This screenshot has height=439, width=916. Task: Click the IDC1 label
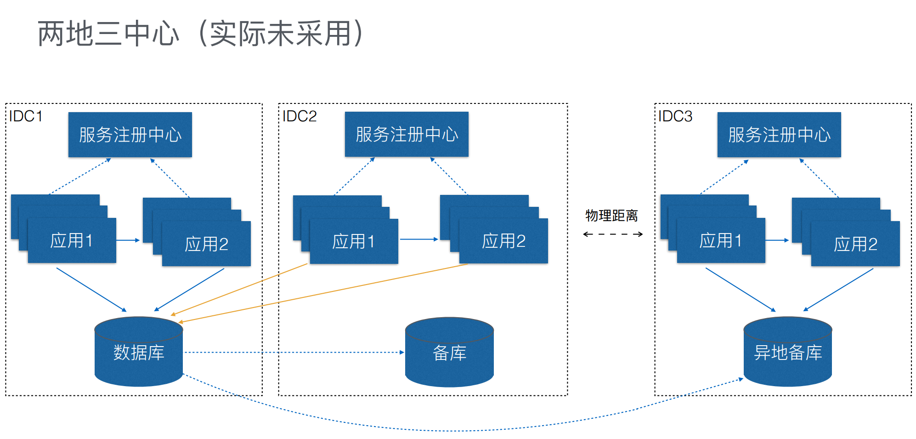[26, 116]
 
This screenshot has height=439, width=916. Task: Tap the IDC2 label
[300, 116]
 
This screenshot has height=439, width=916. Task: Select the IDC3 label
[675, 116]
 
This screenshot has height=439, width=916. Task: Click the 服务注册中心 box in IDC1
[130, 135]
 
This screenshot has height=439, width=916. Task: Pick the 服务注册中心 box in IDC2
[407, 134]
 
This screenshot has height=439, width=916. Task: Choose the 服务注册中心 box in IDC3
[779, 135]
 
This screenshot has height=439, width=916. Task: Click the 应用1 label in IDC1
[72, 240]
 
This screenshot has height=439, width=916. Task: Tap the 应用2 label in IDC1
[206, 244]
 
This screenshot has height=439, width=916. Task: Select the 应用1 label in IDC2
[354, 241]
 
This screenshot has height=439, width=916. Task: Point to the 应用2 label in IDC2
[503, 241]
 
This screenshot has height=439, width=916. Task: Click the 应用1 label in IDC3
[721, 240]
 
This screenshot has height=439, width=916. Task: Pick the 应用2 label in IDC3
[855, 244]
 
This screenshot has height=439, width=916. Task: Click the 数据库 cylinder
[139, 353]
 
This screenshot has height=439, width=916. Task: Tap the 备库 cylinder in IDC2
[449, 353]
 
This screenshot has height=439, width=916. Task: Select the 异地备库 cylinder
[788, 353]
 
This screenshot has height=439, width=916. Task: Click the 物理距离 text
[611, 216]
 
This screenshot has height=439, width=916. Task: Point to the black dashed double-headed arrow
[612, 234]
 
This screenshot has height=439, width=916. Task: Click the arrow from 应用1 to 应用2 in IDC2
[418, 239]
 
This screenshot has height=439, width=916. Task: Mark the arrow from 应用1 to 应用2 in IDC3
[777, 240]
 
